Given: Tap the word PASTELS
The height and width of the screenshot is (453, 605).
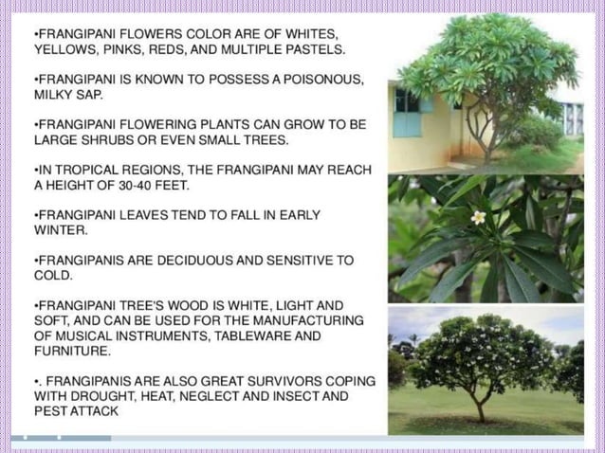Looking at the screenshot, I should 317,47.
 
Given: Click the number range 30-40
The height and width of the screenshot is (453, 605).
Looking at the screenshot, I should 132,185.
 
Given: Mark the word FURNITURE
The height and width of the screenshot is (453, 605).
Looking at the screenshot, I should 72,351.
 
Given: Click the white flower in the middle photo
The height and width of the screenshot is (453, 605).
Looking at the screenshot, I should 479,217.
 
